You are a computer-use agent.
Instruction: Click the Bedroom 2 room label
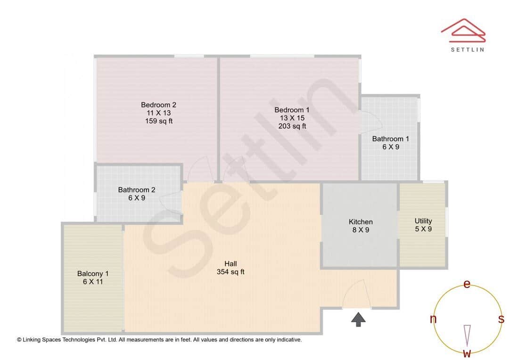tap(158, 105)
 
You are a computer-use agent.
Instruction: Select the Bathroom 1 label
tap(390, 139)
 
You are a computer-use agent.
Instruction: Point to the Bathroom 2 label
tap(137, 190)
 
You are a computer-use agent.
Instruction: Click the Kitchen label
tap(361, 222)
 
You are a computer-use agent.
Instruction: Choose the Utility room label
tap(423, 221)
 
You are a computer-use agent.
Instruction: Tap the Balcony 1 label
tap(93, 273)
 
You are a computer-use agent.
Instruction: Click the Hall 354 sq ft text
tap(230, 272)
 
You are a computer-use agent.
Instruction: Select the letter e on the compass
tap(467, 284)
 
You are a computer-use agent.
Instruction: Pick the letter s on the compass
tap(501, 319)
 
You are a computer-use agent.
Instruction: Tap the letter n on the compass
tap(433, 319)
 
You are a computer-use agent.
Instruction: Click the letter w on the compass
tap(467, 353)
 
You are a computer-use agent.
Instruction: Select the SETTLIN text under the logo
tap(467, 49)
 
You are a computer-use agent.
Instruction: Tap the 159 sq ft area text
tap(158, 121)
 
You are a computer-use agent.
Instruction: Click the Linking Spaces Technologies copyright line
tap(159, 339)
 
